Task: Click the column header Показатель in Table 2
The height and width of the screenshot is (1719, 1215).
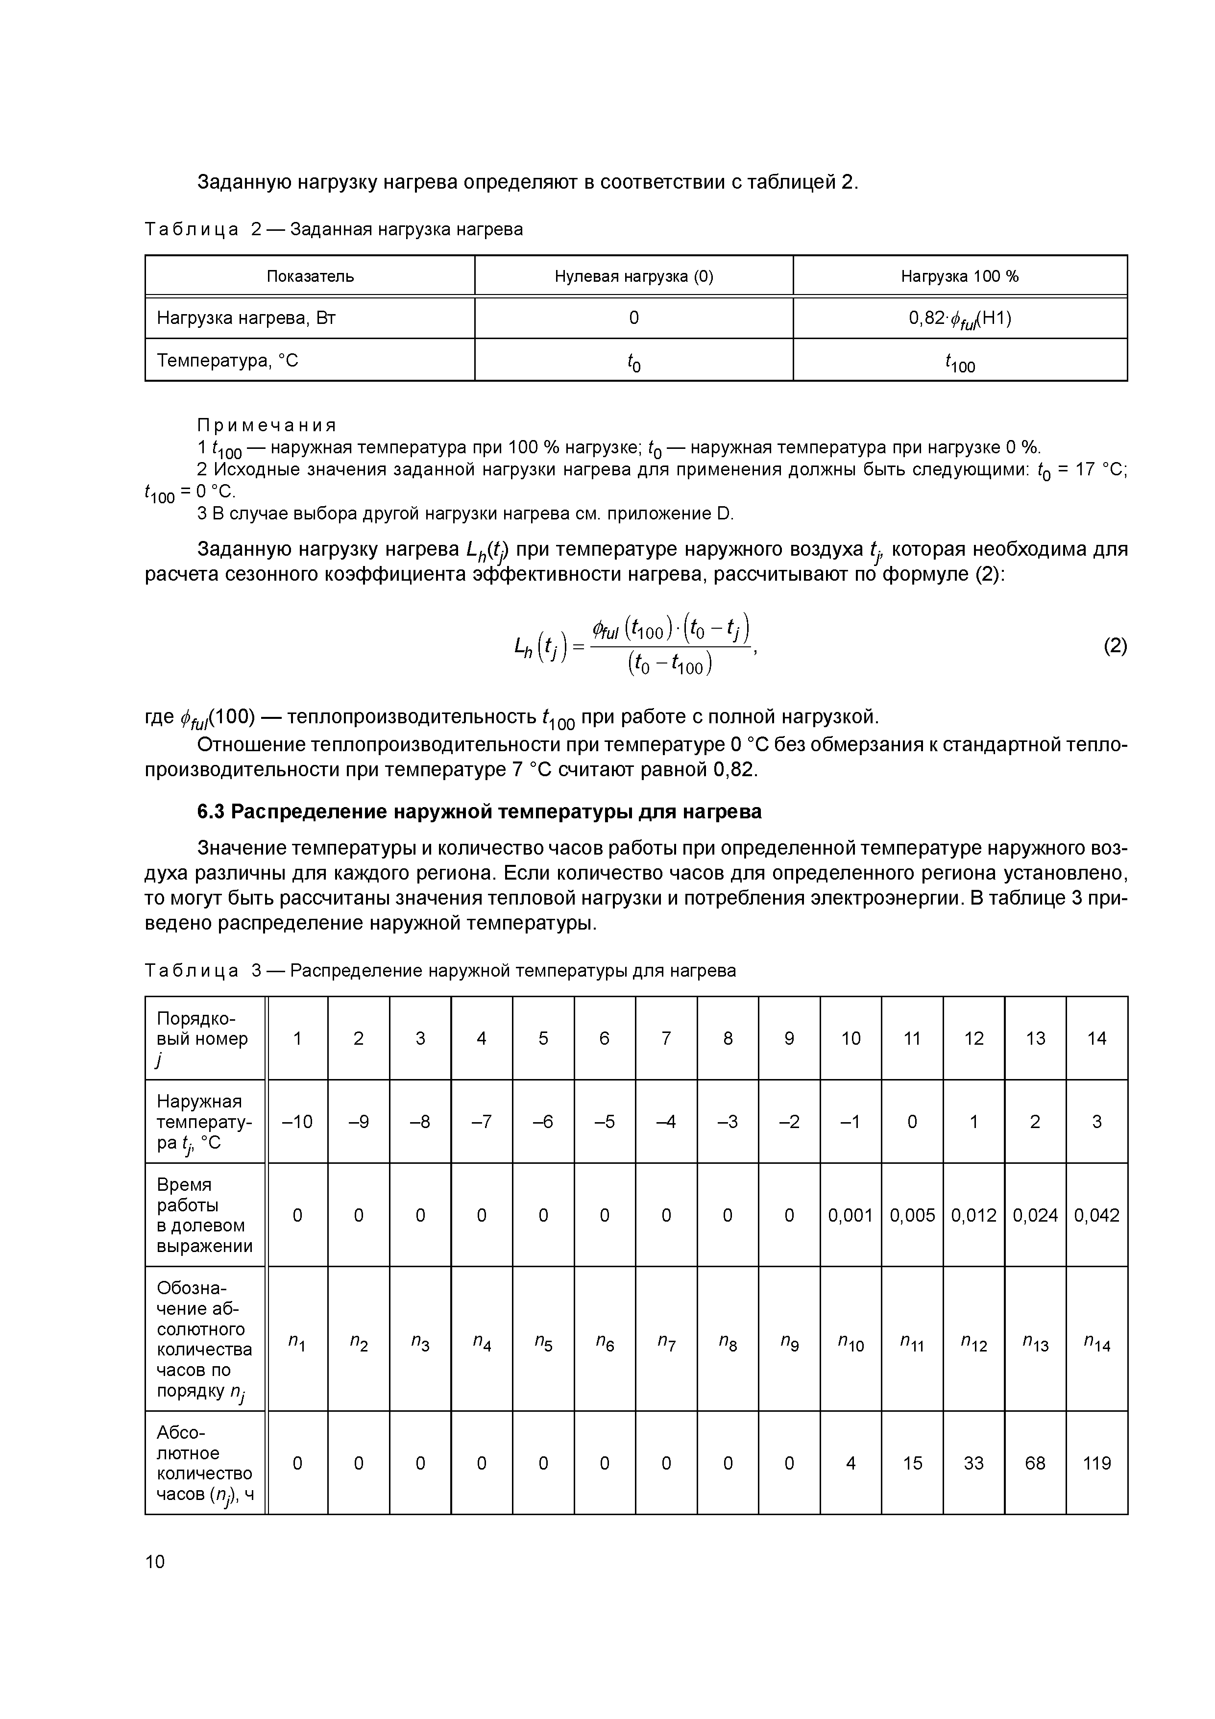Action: tap(310, 276)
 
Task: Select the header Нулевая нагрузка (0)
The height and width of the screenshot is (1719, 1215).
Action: tap(633, 276)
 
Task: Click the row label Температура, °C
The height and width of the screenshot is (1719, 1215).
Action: tap(228, 361)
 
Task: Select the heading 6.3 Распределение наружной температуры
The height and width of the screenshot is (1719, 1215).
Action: tap(479, 811)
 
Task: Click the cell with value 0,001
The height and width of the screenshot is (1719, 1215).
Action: tap(850, 1215)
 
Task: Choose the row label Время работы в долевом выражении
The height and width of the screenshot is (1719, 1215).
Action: tap(204, 1215)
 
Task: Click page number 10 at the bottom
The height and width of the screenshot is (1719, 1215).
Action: tap(155, 1562)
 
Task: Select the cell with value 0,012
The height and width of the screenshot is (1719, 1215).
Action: tap(973, 1215)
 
